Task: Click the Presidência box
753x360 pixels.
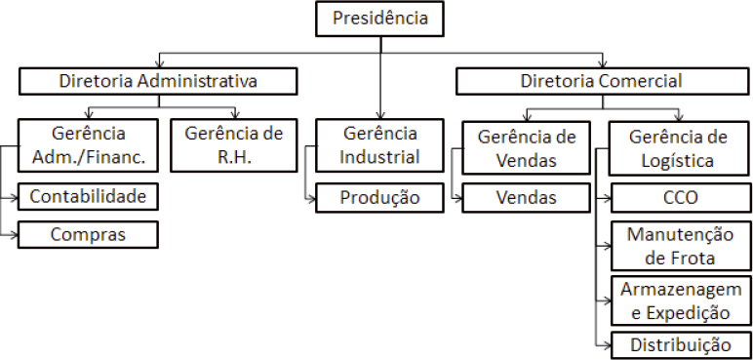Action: click(379, 18)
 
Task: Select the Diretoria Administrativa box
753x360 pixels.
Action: click(158, 81)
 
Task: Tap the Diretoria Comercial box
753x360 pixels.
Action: click(601, 81)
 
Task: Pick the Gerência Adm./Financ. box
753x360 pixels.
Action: click(88, 144)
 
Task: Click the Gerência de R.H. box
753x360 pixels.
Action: click(234, 144)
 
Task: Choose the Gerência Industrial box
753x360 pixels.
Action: click(379, 144)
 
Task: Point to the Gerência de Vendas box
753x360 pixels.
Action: click(527, 146)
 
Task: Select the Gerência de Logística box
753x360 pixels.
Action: click(679, 146)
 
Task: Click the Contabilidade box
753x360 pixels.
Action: click(88, 197)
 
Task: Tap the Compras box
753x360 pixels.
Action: click(88, 234)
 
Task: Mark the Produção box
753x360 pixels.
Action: click(379, 198)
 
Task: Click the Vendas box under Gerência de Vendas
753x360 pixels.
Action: click(527, 198)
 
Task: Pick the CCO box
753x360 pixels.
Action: click(679, 198)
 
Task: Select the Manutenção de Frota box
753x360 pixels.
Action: click(679, 246)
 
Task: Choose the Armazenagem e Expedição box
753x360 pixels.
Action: click(679, 300)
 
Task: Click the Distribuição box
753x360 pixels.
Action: click(679, 343)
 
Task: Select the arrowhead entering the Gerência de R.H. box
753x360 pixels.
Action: click(234, 114)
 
